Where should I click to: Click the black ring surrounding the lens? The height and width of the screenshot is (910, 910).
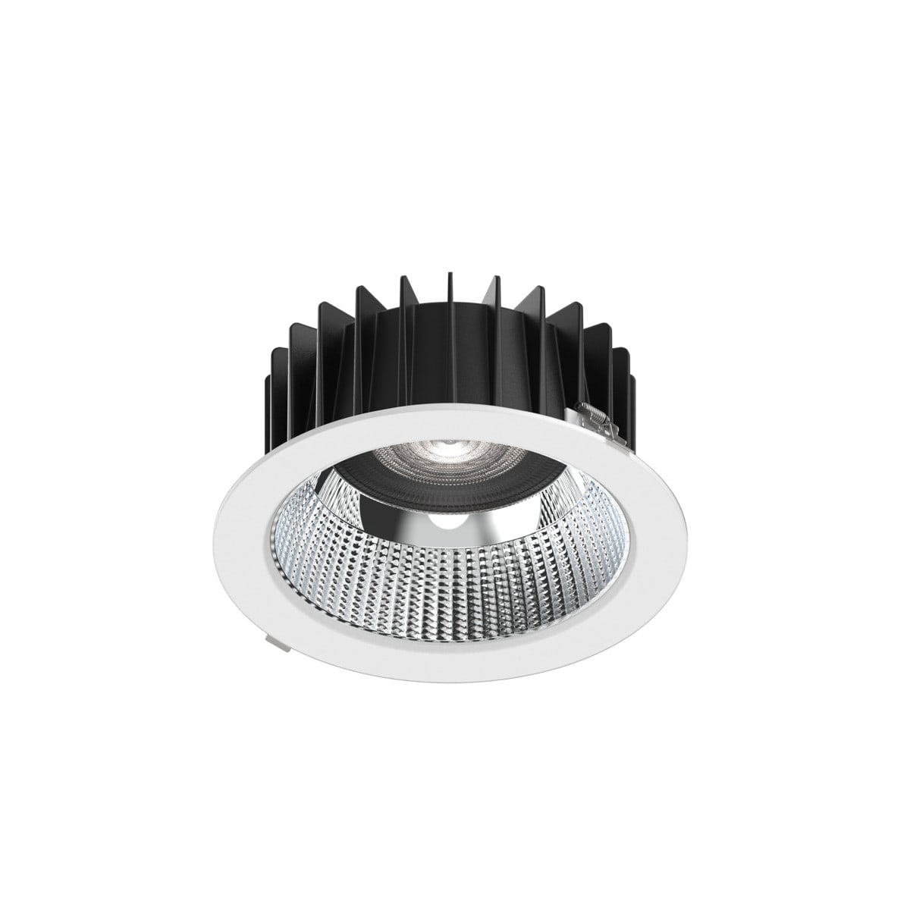(x=394, y=478)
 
